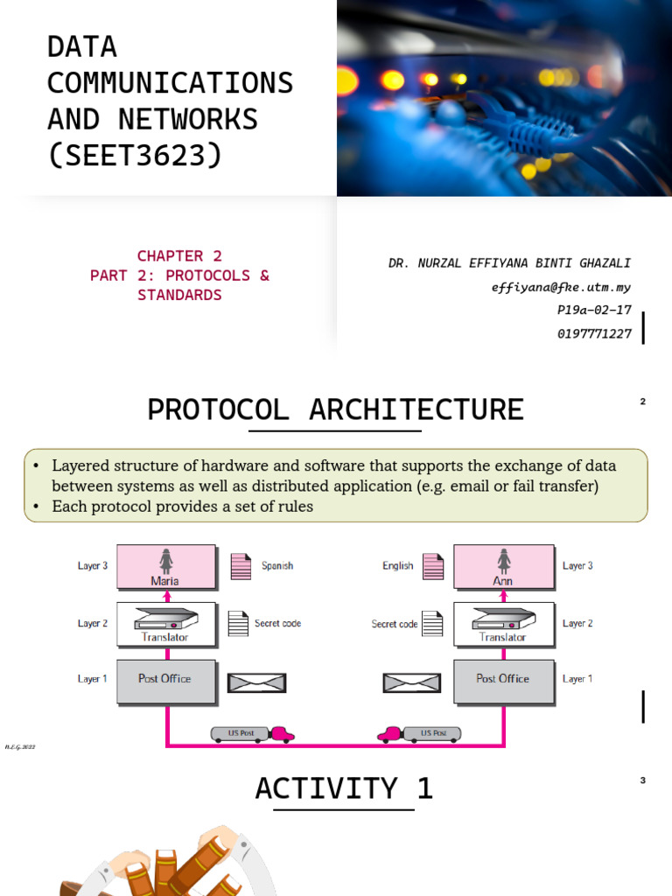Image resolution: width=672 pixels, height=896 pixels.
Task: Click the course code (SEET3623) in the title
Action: [135, 155]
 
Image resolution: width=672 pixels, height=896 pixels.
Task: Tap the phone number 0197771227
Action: [593, 334]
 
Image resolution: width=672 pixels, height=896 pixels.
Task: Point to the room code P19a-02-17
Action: [593, 311]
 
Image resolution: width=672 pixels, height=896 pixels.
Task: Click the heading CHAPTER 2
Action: [179, 256]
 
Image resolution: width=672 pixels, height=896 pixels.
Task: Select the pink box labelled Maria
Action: [165, 566]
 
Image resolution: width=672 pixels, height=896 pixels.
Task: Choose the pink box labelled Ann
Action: [503, 566]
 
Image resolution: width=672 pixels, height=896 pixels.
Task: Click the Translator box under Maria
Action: [165, 623]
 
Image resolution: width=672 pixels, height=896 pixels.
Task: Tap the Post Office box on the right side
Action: [503, 681]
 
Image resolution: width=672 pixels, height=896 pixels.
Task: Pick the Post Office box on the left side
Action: [165, 681]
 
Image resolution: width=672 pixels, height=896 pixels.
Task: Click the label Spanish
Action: [277, 566]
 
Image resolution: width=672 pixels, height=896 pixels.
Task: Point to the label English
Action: [397, 566]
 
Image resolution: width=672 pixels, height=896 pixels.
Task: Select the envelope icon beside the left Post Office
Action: [257, 682]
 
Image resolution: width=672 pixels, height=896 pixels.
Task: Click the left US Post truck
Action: [252, 734]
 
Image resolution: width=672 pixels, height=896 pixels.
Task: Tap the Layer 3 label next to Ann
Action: [577, 566]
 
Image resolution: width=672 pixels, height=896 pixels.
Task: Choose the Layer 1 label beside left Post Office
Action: [93, 679]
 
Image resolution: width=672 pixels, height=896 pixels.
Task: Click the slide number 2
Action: [643, 402]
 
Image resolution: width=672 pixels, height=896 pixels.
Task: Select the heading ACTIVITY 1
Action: [344, 789]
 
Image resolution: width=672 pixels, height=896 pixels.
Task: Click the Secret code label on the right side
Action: [394, 625]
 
